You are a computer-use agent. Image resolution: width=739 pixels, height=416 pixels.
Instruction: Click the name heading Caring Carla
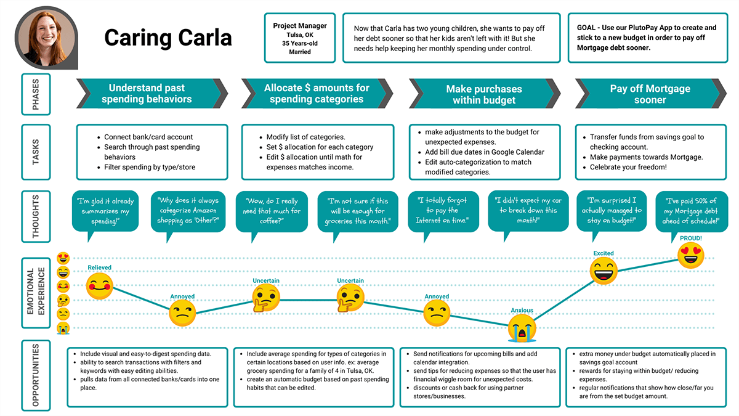tap(168, 38)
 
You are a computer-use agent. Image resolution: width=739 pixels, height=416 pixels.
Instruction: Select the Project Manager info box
tap(300, 38)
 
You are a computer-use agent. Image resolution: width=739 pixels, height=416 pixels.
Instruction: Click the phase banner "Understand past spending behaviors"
tap(147, 94)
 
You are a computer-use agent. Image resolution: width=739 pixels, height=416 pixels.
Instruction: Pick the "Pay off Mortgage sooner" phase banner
tap(650, 94)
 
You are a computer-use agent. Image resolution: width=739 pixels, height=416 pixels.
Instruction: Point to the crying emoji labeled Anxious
tap(522, 327)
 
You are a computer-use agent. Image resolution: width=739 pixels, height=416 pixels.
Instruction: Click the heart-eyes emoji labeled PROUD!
tap(691, 255)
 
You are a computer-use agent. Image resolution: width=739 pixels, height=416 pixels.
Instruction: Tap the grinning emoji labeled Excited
tap(603, 271)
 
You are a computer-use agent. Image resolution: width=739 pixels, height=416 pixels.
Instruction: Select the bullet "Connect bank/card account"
tap(148, 137)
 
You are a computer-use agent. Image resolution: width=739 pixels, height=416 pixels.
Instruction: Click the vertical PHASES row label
tap(35, 95)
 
